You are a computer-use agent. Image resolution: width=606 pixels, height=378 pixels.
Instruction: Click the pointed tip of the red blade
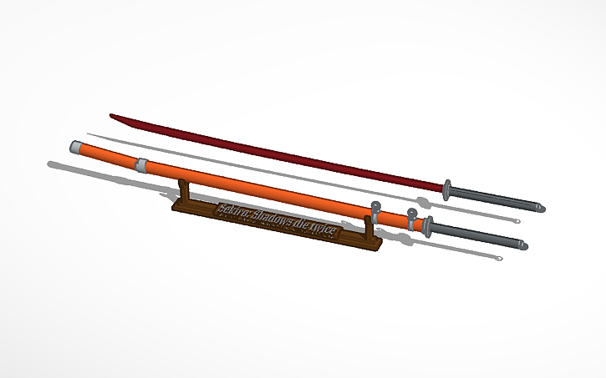[112, 116]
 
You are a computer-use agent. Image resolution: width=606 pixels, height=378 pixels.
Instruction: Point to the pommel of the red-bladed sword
[541, 206]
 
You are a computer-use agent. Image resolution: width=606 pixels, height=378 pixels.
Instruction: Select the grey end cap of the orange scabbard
[76, 147]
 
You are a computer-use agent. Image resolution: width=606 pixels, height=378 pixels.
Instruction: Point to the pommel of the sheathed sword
[524, 245]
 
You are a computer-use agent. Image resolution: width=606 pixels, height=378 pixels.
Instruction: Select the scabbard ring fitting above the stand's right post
[375, 209]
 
